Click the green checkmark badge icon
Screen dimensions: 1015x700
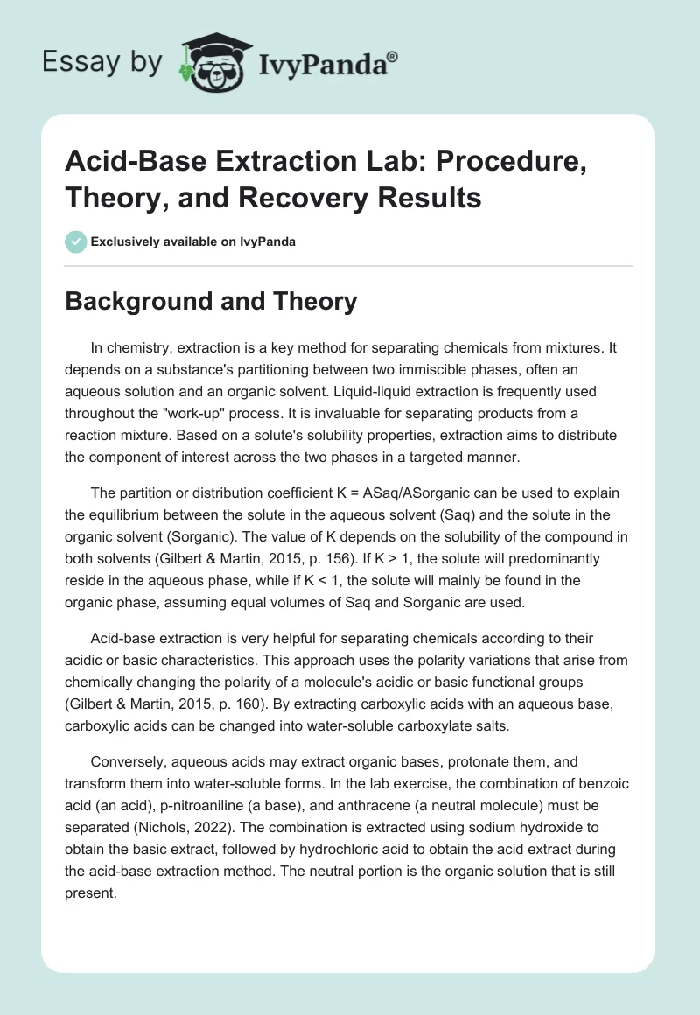(75, 241)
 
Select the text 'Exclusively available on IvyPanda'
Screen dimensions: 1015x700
(192, 241)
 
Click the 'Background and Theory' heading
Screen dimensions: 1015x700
(212, 302)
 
